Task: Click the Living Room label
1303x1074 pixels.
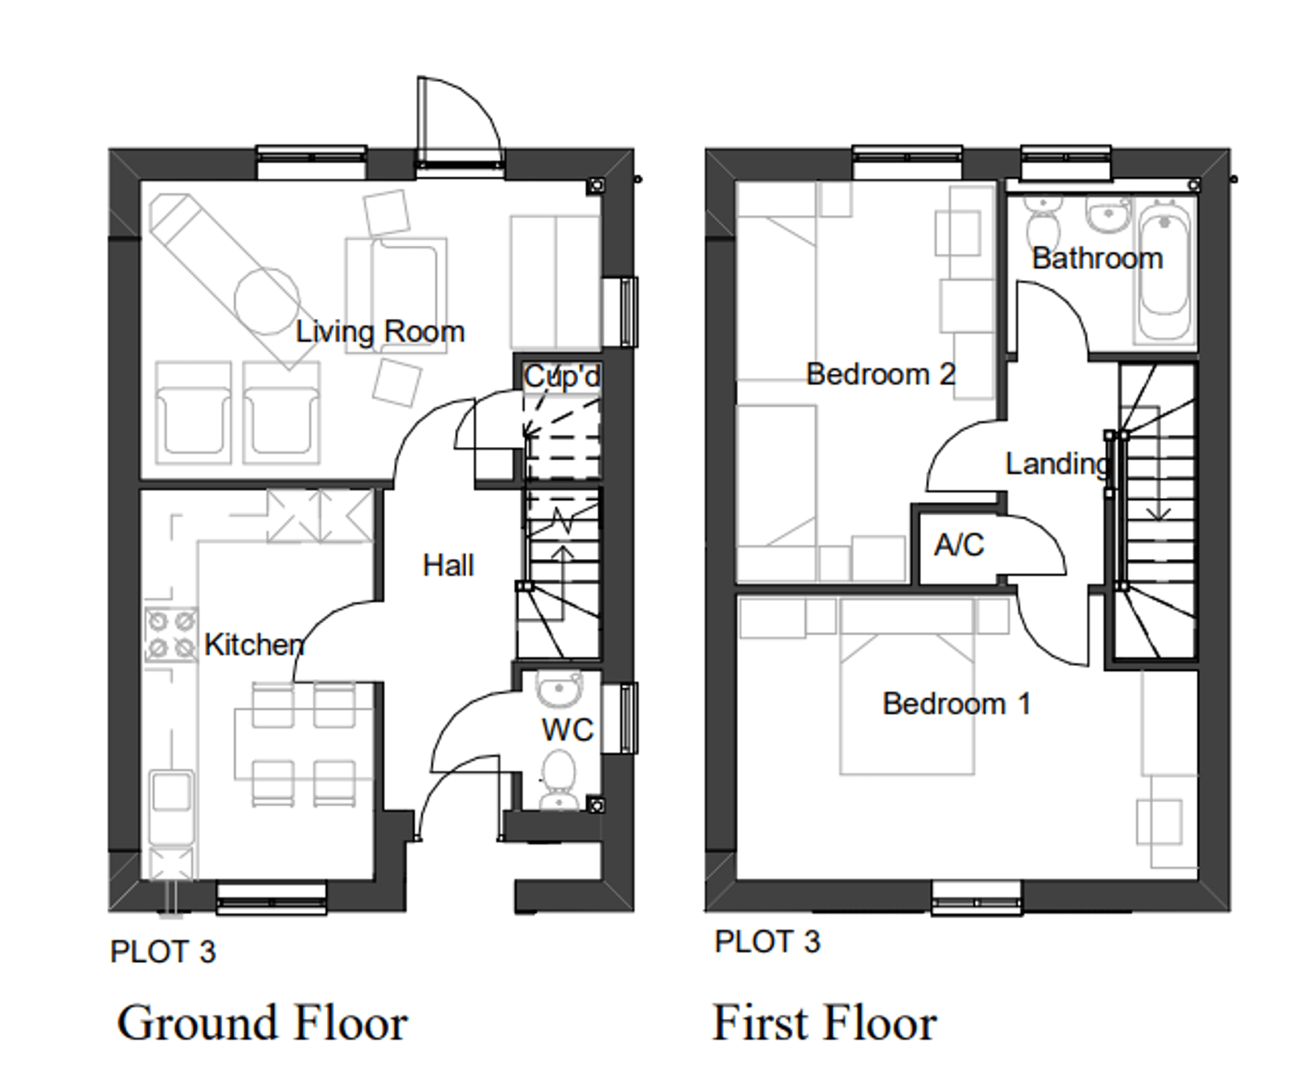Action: point(379,332)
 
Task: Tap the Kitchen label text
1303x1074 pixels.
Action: point(254,645)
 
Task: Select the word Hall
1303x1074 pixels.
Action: point(448,565)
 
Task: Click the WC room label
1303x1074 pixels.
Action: point(567,730)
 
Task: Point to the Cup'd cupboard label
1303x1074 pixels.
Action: point(561,377)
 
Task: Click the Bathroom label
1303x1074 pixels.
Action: point(1097,259)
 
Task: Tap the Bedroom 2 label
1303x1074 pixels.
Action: point(881,375)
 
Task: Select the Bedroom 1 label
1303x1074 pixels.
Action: point(956,703)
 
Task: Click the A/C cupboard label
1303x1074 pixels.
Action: point(958,545)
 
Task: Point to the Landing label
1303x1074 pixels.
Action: point(1057,464)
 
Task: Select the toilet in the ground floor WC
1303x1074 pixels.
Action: point(558,779)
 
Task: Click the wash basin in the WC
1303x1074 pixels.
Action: point(558,691)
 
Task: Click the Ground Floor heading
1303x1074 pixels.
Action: point(262,1023)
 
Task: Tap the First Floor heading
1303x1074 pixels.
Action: point(824,1023)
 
